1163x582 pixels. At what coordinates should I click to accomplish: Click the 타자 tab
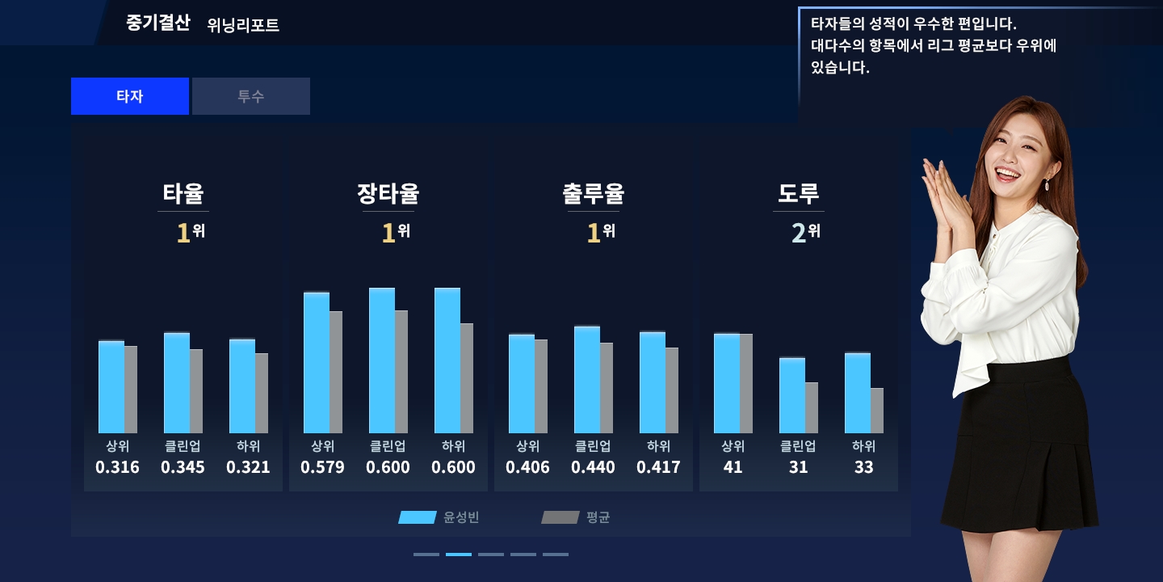point(130,96)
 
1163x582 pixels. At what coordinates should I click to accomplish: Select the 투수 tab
point(251,96)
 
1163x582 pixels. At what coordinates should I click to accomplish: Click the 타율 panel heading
point(183,194)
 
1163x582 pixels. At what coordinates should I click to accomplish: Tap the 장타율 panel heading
point(388,194)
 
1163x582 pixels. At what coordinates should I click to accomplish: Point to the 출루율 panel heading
point(594,194)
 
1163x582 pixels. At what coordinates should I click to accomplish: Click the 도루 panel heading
point(799,194)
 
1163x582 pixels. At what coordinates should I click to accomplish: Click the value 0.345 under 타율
point(183,467)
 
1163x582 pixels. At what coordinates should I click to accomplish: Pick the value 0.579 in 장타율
point(322,467)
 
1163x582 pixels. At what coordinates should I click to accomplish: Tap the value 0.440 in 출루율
point(593,467)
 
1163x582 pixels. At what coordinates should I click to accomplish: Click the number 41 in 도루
point(733,467)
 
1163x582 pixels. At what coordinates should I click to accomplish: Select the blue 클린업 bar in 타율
point(177,383)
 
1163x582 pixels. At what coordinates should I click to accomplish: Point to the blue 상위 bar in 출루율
point(522,384)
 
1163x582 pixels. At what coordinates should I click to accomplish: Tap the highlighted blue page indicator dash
point(459,555)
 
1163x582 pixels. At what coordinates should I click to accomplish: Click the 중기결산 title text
point(157,23)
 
